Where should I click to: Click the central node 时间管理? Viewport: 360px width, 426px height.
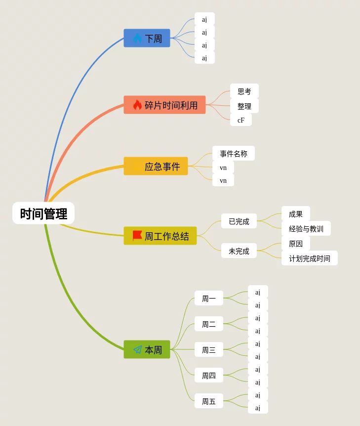pos(43,213)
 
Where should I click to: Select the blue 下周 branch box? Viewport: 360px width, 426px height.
pos(147,38)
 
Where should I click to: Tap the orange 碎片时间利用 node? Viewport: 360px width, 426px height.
pos(164,105)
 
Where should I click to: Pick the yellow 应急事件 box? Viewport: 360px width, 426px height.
pos(156,166)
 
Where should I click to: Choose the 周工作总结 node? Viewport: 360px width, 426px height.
pos(160,236)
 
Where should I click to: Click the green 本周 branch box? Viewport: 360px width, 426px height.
pos(147,349)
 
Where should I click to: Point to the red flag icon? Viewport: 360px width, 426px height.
pos(137,236)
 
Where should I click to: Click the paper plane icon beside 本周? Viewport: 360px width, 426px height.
pos(137,349)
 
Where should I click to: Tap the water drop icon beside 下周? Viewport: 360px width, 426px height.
pos(137,38)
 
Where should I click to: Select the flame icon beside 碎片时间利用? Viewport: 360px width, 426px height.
pos(137,105)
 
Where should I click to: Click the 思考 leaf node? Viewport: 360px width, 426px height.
pos(244,91)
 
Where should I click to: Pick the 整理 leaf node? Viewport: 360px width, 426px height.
pos(244,106)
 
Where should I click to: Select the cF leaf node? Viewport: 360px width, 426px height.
pos(240,120)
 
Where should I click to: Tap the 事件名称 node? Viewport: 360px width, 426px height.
pos(234,153)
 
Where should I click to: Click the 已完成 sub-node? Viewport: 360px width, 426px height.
pos(239,221)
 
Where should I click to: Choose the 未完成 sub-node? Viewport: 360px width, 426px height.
pos(239,251)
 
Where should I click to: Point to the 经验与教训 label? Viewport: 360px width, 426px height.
pos(306,229)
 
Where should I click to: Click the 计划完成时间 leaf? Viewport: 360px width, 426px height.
pos(310,258)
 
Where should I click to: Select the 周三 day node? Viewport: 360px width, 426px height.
pos(208,350)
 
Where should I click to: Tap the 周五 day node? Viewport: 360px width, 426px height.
pos(208,401)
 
